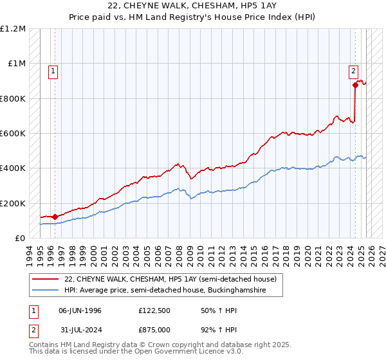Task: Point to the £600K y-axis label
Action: pyautogui.click(x=14, y=134)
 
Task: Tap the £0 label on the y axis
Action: pyautogui.click(x=21, y=239)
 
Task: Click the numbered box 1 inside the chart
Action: pyautogui.click(x=54, y=71)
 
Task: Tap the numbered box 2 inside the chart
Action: pyautogui.click(x=354, y=71)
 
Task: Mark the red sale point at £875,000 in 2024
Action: pyautogui.click(x=355, y=85)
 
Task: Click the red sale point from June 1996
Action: pyautogui.click(x=55, y=217)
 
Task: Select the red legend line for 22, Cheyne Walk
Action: pyautogui.click(x=45, y=279)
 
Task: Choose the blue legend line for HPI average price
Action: pyautogui.click(x=45, y=291)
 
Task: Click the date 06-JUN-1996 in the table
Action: pyautogui.click(x=80, y=310)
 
